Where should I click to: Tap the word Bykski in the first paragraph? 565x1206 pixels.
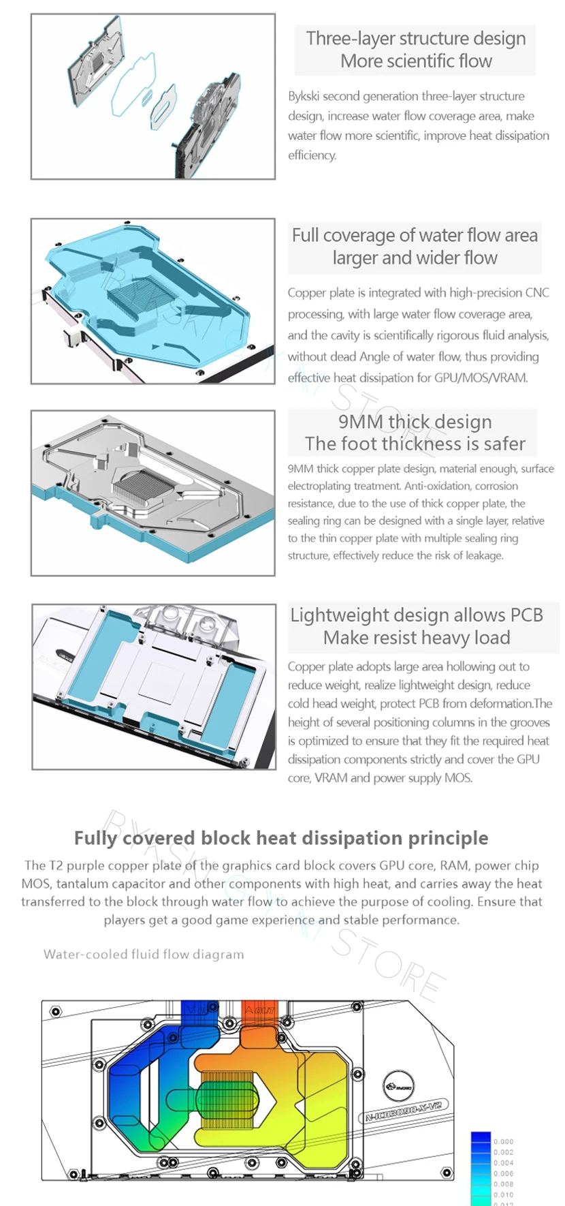pyautogui.click(x=304, y=96)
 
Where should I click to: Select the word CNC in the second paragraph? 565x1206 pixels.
pyautogui.click(x=537, y=293)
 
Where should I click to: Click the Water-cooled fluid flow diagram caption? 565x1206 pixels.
pyautogui.click(x=144, y=955)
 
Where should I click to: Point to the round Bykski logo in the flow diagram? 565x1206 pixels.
pyautogui.click(x=399, y=1085)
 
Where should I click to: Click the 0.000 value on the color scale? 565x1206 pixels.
pyautogui.click(x=504, y=1141)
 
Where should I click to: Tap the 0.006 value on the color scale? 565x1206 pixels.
pyautogui.click(x=504, y=1173)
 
